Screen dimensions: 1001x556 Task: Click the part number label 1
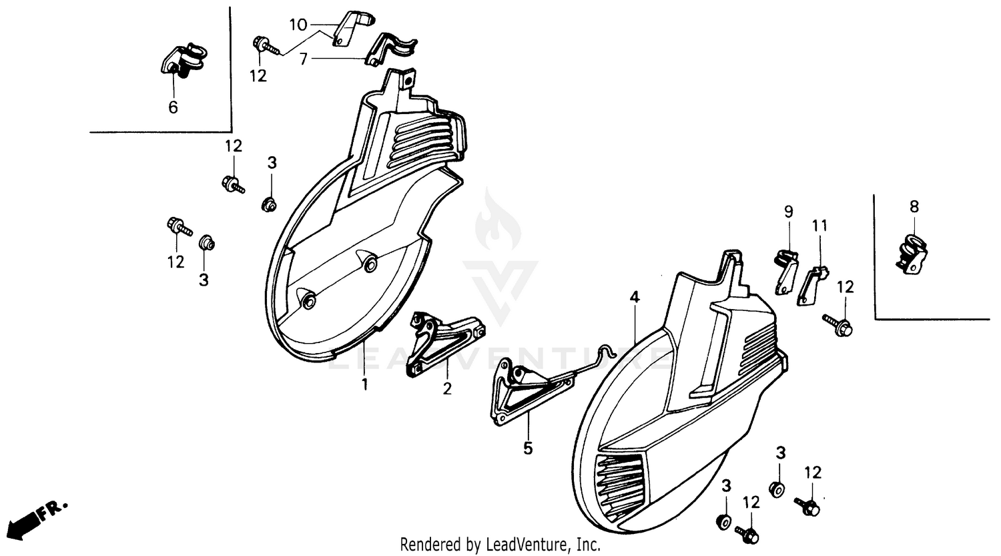[364, 384]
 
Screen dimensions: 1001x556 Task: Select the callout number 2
[447, 388]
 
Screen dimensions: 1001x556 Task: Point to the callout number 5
[528, 449]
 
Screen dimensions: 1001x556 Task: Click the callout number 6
[173, 107]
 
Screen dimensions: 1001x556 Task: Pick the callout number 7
[304, 59]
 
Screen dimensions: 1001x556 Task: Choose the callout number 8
[914, 207]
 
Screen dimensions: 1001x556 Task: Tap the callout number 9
[789, 212]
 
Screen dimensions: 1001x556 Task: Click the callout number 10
[298, 25]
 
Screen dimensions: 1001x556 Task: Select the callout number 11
[819, 226]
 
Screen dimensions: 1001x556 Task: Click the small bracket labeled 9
[785, 271]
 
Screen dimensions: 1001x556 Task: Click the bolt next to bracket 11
[838, 325]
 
